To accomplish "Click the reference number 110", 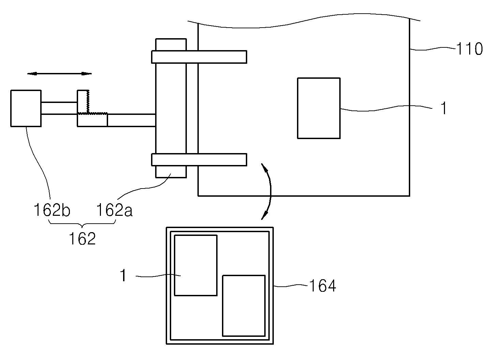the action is pos(469,49).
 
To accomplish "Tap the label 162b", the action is pos(52,210).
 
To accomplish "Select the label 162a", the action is pos(115,210).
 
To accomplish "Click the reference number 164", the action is pos(323,286).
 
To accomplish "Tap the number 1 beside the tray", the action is pos(124,275).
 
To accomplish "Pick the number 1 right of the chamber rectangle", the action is pos(444,108).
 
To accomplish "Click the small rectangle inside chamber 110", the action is pos(319,108).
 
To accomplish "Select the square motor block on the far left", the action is pos(26,108).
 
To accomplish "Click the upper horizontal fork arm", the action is pos(199,57).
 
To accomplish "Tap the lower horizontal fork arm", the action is pos(199,160).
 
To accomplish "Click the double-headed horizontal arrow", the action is pos(59,74).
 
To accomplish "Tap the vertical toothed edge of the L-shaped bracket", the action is pos(88,102).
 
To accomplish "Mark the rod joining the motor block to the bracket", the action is pos(59,108).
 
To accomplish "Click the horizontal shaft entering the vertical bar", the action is pos(132,120).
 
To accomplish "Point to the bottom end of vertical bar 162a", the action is pos(171,177).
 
